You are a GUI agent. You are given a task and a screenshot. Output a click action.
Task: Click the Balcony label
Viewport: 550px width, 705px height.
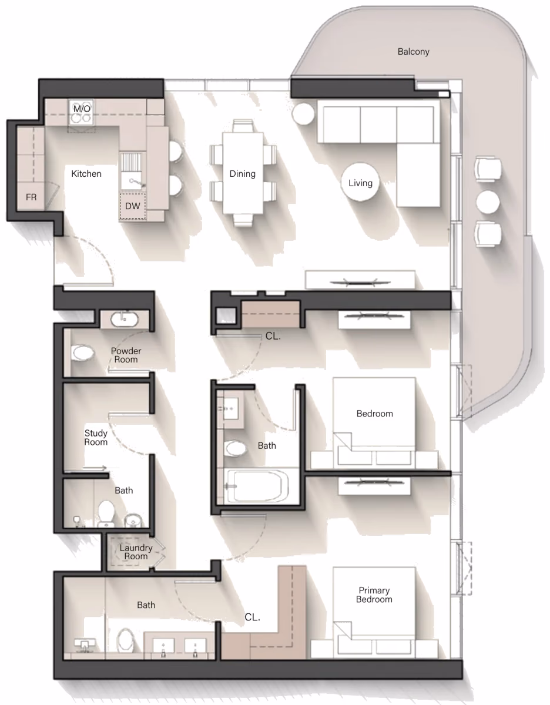coord(414,52)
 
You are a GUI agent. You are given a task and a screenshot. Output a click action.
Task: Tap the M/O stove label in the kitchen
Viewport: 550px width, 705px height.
coord(82,109)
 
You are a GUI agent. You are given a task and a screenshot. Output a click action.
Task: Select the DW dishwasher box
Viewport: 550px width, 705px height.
coord(132,206)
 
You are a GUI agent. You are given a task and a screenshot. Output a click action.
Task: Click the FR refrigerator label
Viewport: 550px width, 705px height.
coord(31,197)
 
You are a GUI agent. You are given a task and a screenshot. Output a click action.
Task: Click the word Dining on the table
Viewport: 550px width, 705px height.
coord(243,174)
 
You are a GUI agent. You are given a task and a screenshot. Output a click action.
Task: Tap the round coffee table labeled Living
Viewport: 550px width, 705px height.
coord(360,183)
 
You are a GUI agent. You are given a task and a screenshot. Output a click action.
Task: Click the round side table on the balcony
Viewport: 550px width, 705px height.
coord(488,202)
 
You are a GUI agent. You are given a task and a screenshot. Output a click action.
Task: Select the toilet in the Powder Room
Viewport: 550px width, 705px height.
coord(82,352)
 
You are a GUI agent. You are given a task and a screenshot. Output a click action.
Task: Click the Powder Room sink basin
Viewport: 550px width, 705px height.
coord(125,320)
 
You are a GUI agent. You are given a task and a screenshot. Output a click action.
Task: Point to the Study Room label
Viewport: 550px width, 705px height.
coord(96,438)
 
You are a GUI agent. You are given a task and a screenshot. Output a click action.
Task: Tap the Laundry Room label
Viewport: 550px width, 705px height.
coord(136,552)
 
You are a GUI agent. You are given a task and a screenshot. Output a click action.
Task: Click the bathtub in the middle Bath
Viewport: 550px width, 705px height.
coord(258,486)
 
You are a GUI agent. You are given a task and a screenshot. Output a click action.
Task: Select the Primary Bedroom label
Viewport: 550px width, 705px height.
coord(374,595)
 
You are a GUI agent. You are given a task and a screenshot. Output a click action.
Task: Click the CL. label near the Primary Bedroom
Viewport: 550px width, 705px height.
coord(252,617)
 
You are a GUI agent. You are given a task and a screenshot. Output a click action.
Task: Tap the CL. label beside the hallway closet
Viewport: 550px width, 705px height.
coord(273,336)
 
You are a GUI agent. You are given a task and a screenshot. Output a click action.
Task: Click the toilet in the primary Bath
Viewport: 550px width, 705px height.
coord(125,640)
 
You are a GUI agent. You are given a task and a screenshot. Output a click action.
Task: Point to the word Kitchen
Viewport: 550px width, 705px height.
coord(86,174)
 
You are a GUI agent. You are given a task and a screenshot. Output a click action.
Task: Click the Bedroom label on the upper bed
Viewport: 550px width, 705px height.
coord(374,414)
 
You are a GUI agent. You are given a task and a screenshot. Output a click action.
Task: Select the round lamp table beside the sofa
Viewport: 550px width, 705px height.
coord(303,113)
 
